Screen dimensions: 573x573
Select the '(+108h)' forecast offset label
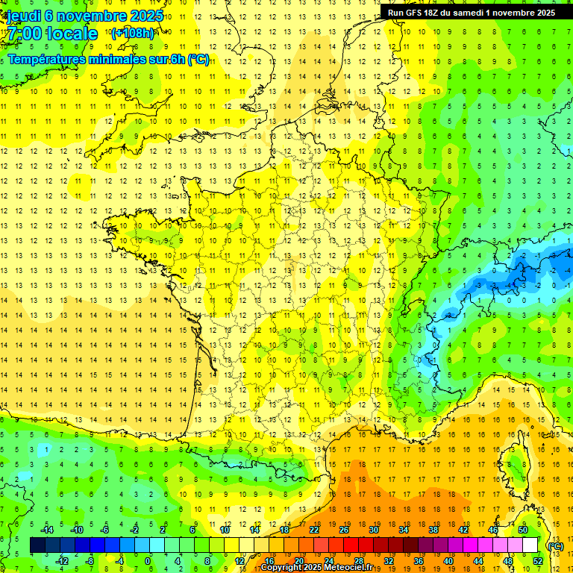click(132, 33)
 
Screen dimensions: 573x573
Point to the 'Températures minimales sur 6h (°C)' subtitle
click(109, 60)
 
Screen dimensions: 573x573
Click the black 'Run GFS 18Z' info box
click(471, 13)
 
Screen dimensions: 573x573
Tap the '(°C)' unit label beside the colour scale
click(555, 546)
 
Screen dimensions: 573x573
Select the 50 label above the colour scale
click(523, 530)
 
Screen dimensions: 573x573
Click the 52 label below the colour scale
click(537, 561)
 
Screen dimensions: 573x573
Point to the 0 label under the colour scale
click(148, 561)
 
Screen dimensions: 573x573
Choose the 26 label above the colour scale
click(344, 530)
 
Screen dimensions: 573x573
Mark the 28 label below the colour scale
click(358, 561)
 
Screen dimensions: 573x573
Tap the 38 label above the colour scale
click(433, 530)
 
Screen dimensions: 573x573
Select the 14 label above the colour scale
click(254, 530)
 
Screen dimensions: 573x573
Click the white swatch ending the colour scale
click(530, 545)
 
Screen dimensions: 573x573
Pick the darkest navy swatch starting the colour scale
click(37, 545)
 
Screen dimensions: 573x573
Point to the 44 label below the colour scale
click(477, 561)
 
